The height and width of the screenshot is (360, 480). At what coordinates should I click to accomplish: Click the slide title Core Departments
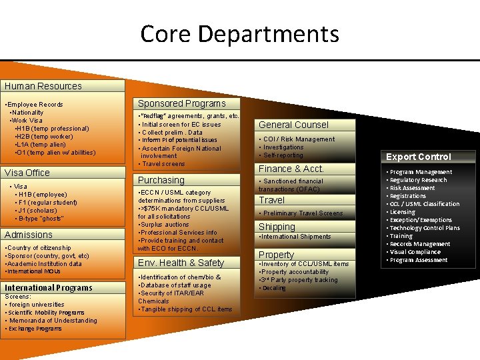click(x=240, y=33)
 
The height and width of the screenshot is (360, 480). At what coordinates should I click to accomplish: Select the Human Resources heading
click(x=43, y=86)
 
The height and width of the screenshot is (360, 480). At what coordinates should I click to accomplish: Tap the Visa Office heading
click(x=27, y=173)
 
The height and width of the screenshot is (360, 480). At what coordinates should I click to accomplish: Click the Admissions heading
click(x=29, y=235)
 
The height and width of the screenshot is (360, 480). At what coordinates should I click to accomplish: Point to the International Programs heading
click(x=49, y=288)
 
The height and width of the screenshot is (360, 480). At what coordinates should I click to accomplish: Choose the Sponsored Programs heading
click(x=181, y=103)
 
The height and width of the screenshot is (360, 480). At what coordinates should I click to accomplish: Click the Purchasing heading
click(x=161, y=180)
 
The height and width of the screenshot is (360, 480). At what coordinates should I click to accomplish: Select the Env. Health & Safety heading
click(x=181, y=263)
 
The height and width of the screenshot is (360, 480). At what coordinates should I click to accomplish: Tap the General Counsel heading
click(x=293, y=125)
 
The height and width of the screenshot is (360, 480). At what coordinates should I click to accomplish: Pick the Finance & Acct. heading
click(x=291, y=169)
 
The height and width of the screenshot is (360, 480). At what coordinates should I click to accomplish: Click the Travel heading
click(x=271, y=200)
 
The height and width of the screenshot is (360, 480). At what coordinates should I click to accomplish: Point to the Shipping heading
click(x=277, y=227)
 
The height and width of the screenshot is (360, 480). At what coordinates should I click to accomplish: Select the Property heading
click(x=276, y=255)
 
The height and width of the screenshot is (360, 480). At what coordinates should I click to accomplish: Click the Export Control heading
click(x=419, y=157)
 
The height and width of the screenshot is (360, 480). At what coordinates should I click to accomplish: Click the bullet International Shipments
click(x=295, y=237)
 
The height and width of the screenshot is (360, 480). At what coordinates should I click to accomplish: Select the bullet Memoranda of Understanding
click(x=53, y=321)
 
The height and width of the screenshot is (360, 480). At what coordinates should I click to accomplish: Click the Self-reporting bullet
click(x=283, y=155)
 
